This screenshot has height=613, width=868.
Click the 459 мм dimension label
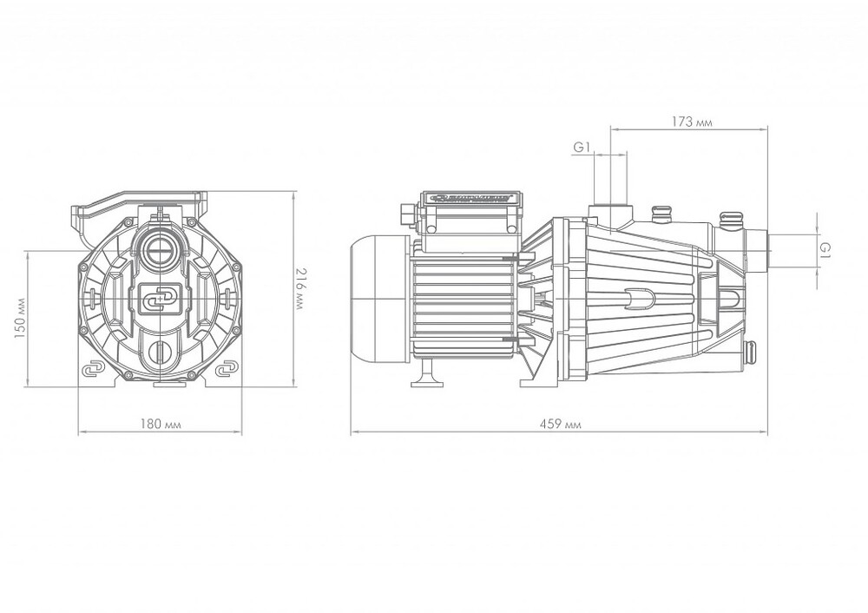(x=562, y=425)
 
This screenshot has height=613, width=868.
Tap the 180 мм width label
(x=163, y=424)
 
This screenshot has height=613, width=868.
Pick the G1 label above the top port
(x=582, y=148)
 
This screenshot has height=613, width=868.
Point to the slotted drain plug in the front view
(x=162, y=352)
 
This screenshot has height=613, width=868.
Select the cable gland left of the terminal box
(x=406, y=214)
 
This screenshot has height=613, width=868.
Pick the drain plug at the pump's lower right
(x=750, y=352)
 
